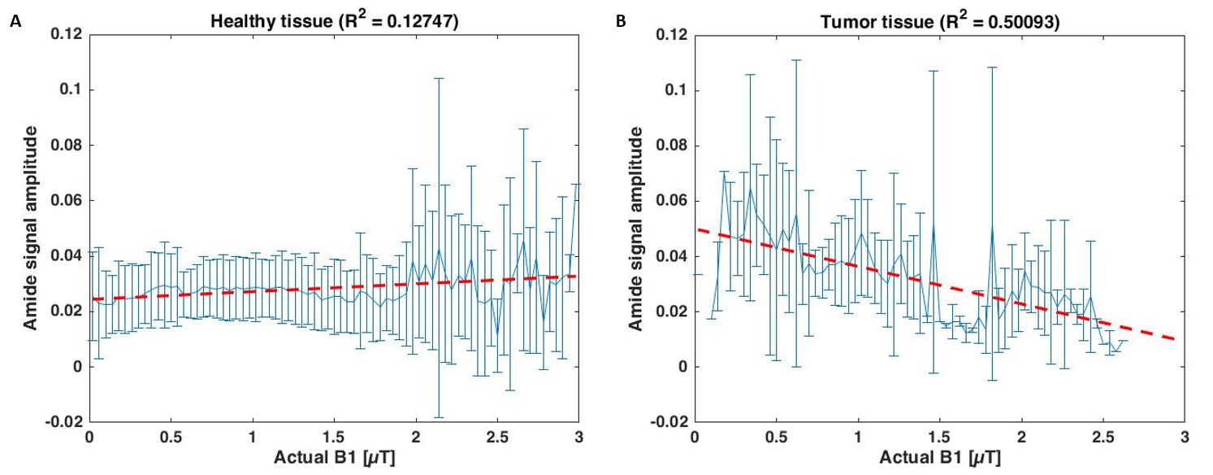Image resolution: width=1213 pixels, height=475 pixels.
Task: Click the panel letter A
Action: (14, 23)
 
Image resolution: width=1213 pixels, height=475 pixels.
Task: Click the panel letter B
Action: (621, 23)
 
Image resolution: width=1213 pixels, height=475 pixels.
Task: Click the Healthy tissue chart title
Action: (334, 23)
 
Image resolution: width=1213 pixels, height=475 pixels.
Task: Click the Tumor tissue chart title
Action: (940, 24)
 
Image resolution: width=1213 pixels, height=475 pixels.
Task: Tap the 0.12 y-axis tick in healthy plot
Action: (66, 33)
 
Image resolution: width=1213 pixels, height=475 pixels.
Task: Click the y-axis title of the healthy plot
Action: (30, 228)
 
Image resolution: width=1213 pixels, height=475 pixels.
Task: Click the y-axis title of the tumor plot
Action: (636, 228)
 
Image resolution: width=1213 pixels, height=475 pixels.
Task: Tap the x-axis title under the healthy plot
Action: (334, 459)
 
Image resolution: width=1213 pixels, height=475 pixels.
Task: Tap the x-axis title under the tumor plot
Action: (940, 459)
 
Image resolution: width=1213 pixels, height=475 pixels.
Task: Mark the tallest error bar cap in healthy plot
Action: (439, 78)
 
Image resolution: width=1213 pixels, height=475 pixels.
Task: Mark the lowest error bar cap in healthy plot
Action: (439, 417)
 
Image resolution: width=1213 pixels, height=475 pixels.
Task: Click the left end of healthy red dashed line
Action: (91, 299)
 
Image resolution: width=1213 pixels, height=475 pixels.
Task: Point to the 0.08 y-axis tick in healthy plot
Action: (66, 145)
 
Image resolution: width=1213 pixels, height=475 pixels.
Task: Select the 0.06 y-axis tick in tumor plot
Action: (672, 200)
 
